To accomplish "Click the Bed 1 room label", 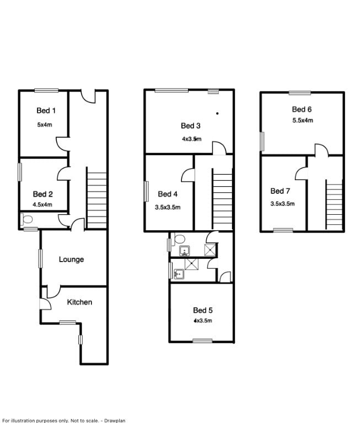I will point(46,111).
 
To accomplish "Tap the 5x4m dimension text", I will point(45,124).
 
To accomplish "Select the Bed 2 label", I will point(42,194).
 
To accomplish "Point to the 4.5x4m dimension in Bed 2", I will point(42,204).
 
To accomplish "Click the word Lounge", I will point(72,259).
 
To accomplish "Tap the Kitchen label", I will point(79,302).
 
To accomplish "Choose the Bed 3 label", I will point(190,125).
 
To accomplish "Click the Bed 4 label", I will point(168,194).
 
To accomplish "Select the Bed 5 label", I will point(202,310).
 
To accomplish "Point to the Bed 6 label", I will point(302,109).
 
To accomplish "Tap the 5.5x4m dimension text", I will point(303,120).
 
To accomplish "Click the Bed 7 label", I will point(280,191).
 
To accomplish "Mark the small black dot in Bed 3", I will point(218,113).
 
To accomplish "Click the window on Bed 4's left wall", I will point(146,192).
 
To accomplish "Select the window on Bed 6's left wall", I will point(262,140).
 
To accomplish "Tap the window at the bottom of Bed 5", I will point(202,341).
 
